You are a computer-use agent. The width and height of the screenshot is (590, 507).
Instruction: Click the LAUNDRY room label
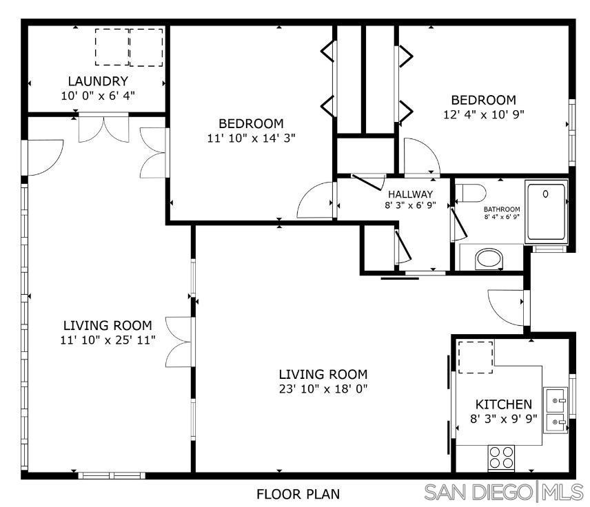tap(98, 81)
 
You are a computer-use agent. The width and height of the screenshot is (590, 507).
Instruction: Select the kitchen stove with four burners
tap(501, 457)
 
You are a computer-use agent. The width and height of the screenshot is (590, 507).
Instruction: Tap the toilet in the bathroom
tap(471, 194)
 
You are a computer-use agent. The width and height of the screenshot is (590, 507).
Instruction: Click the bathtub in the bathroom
tap(546, 212)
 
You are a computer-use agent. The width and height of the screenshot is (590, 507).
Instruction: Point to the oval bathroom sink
tap(489, 259)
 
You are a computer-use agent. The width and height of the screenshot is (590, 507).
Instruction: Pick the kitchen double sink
tap(556, 410)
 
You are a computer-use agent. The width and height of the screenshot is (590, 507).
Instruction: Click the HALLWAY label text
tap(410, 194)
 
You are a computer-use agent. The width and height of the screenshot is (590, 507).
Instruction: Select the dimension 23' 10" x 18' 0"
tap(323, 389)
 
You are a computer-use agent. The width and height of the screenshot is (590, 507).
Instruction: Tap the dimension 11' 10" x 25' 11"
tap(108, 340)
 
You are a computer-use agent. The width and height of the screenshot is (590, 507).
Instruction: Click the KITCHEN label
tap(503, 404)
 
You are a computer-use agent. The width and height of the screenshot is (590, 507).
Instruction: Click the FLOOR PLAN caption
tap(298, 494)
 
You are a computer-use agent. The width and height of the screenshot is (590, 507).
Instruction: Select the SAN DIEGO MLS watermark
tap(504, 492)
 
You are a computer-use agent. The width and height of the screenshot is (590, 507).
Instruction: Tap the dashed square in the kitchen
tap(475, 358)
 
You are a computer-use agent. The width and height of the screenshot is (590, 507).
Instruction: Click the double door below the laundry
tap(103, 129)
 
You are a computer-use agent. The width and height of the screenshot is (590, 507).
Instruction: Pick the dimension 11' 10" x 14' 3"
tap(251, 138)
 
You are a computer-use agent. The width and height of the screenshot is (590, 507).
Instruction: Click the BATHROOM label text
tap(502, 209)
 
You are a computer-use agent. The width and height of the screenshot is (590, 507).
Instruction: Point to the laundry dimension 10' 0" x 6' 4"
tap(98, 96)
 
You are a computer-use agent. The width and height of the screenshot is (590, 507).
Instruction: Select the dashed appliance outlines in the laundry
tap(129, 48)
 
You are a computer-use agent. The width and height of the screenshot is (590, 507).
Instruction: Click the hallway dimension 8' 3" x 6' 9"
tap(410, 205)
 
